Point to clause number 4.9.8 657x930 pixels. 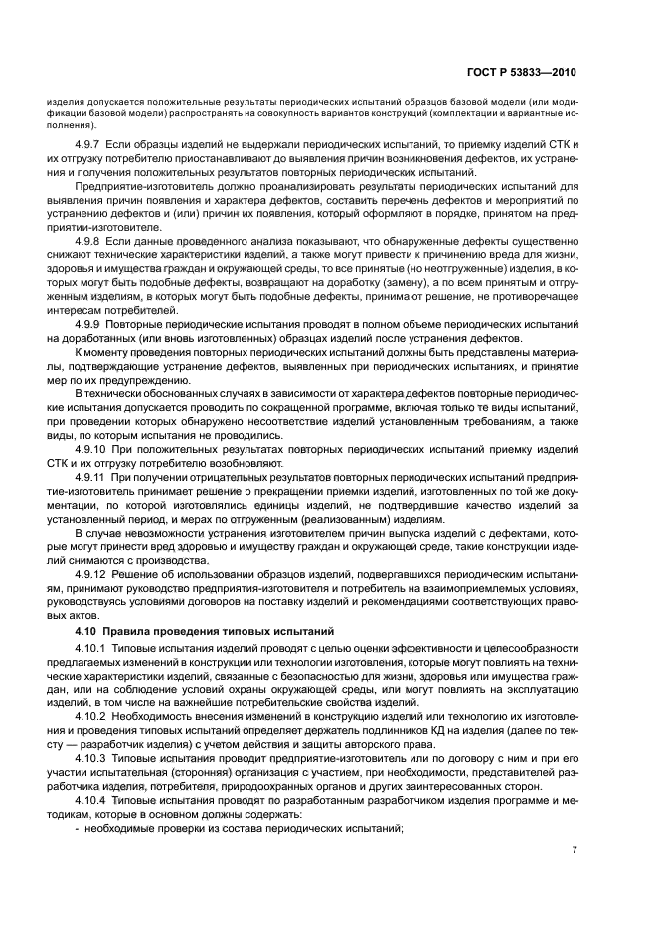90,241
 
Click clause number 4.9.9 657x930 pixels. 90,325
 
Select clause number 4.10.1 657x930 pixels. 93,649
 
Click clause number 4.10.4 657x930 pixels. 93,798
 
